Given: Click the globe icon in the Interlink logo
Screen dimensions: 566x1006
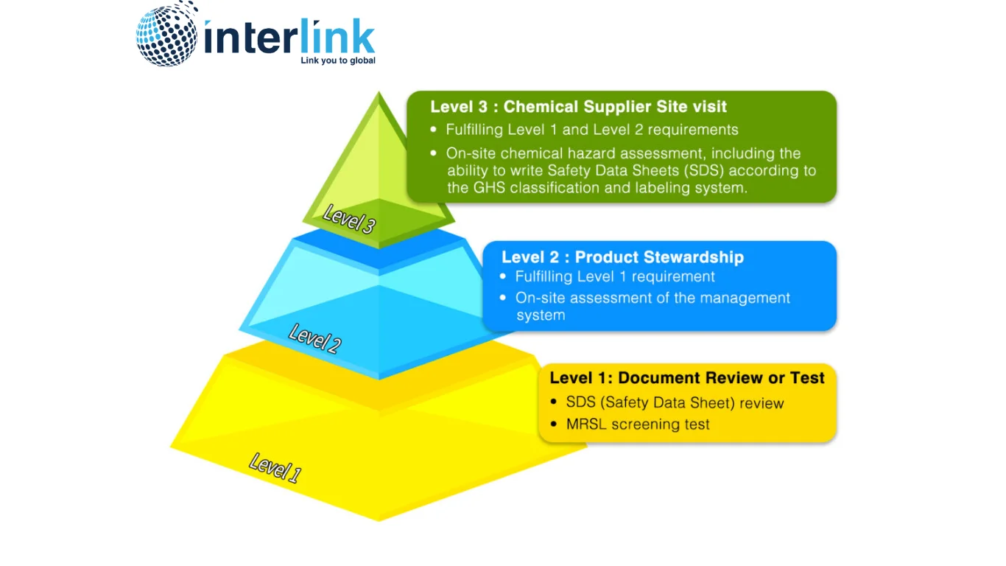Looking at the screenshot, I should [x=167, y=35].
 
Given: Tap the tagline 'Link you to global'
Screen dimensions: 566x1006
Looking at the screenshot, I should [x=338, y=60].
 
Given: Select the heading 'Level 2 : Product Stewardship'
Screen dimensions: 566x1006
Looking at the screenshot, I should [x=622, y=257].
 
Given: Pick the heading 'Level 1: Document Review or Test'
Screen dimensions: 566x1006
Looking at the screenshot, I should [x=687, y=378].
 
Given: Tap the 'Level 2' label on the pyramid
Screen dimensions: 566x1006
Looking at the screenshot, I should [x=314, y=338].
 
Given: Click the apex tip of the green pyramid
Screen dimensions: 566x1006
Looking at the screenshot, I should [x=379, y=94].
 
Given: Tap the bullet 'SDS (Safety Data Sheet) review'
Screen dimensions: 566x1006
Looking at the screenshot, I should [x=675, y=403].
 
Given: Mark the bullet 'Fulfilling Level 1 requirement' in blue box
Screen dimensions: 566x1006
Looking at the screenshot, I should [x=615, y=277].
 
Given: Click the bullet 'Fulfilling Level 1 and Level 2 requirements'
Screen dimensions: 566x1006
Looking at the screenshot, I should [x=591, y=130].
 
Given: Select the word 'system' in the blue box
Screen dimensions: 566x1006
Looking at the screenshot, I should [x=541, y=315].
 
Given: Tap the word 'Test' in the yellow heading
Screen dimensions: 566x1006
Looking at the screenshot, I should [x=807, y=378].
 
